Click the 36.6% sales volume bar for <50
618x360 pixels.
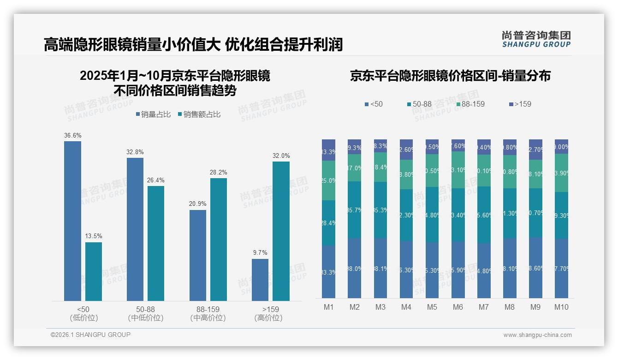(72, 221)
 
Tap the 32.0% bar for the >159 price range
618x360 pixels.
(281, 231)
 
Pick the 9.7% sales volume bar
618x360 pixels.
(260, 280)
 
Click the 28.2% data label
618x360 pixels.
(219, 173)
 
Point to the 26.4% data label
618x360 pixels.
(156, 180)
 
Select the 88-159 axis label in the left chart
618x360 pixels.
(208, 309)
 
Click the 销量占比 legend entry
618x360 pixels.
(154, 114)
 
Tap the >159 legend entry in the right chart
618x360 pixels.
(520, 104)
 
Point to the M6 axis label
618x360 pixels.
(458, 307)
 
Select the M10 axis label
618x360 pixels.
(561, 307)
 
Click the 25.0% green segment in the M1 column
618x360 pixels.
(329, 180)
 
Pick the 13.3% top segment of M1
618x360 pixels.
(329, 150)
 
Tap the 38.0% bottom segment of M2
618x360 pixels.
(355, 268)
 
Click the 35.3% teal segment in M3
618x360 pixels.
(380, 210)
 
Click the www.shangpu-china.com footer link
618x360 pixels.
(537, 335)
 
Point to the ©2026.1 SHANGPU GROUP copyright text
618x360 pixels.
(90, 335)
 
